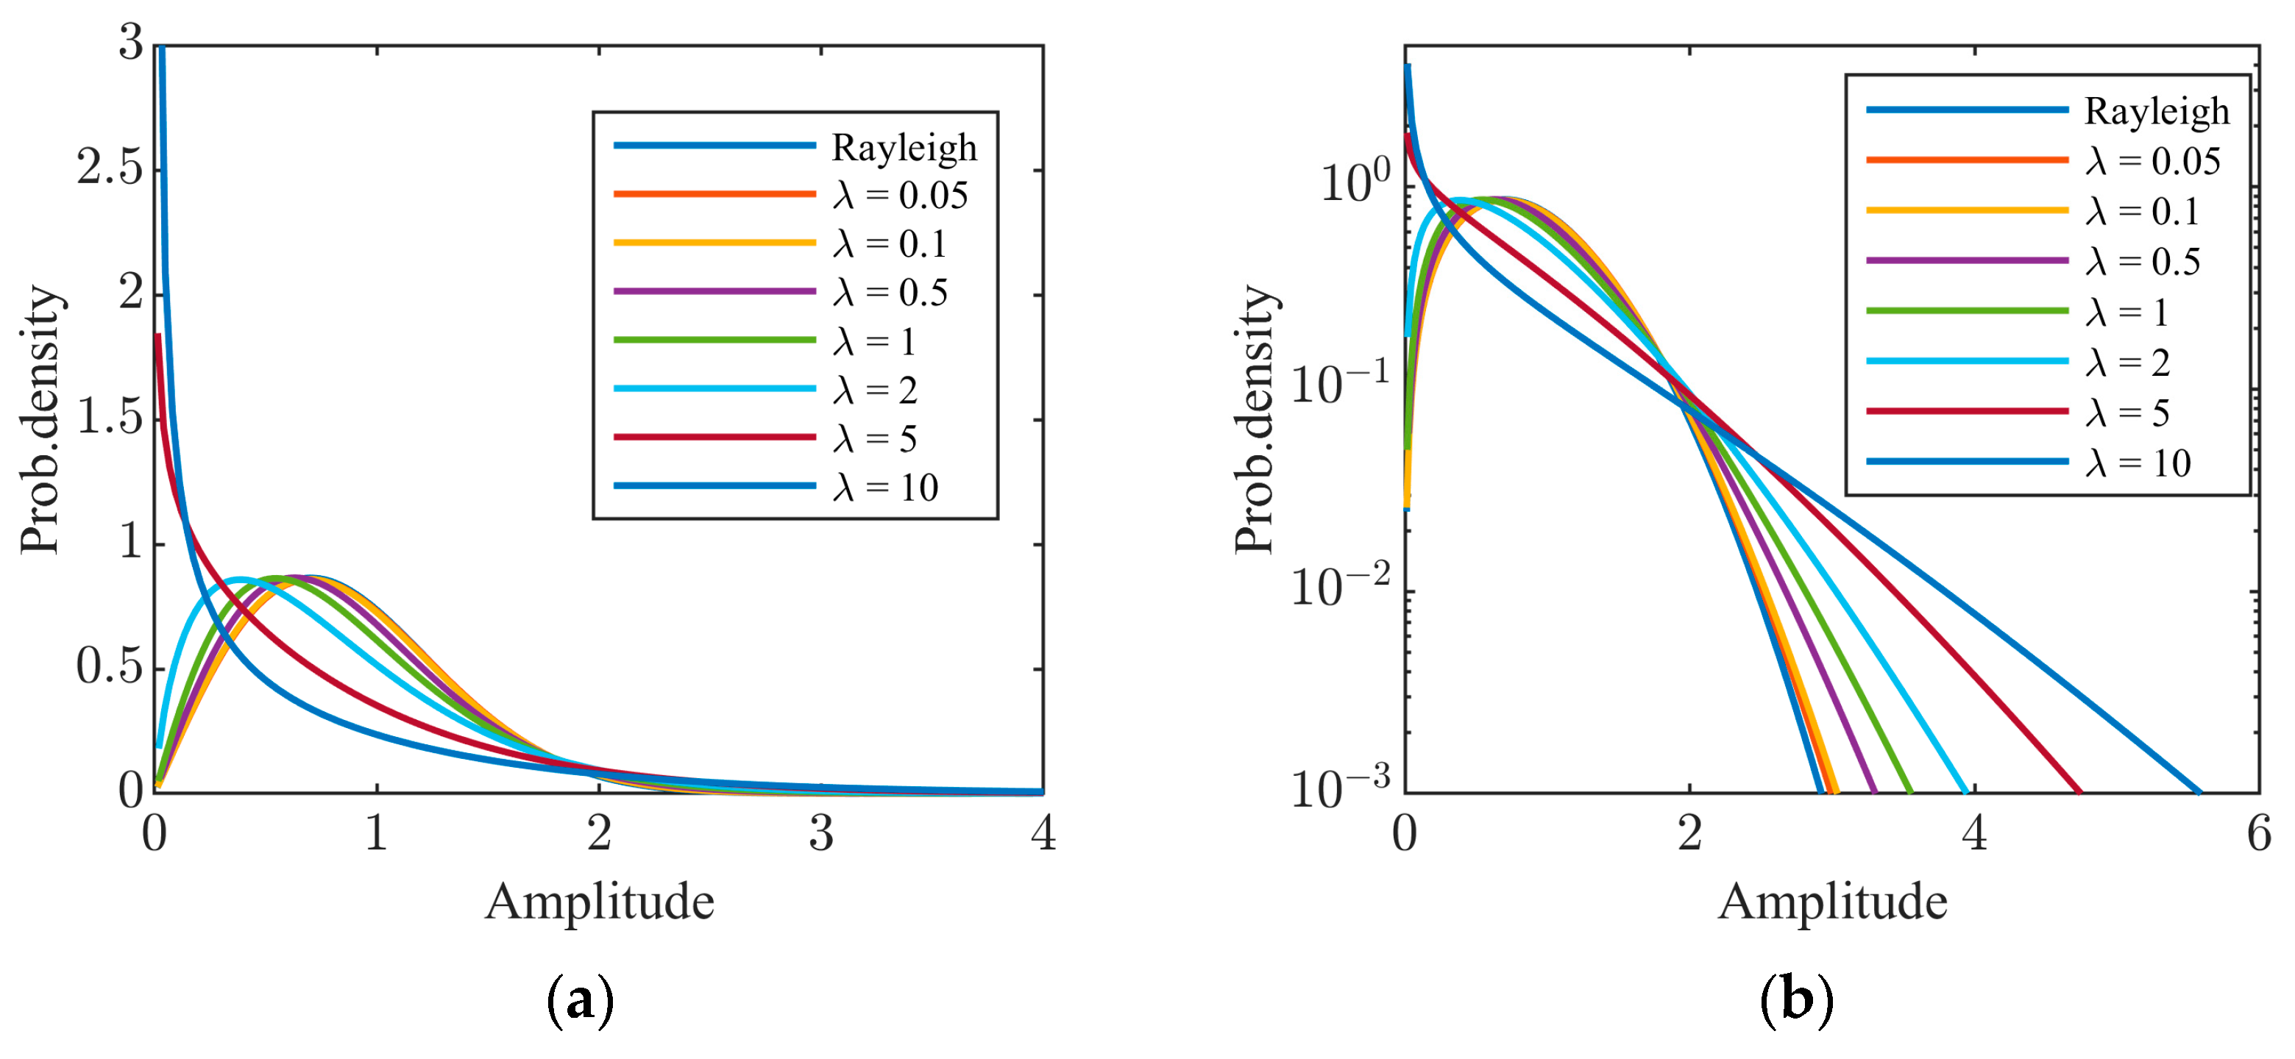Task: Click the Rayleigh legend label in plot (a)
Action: coord(904,147)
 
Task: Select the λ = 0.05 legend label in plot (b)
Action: coord(2152,161)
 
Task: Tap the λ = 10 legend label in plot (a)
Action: coord(886,487)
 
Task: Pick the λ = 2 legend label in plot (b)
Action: coord(2127,363)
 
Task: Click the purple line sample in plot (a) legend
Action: coord(714,291)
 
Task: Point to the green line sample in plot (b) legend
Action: coord(1967,311)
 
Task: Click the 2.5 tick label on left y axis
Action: coord(110,168)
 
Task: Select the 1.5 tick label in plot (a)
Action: coord(110,417)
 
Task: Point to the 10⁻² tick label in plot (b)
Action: coord(1340,586)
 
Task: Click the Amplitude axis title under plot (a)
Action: coord(600,902)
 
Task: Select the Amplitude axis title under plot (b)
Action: coord(1833,902)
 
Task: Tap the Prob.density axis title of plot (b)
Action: coord(1255,418)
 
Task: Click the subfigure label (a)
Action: coord(580,1000)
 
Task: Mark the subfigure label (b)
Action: coord(1796,1000)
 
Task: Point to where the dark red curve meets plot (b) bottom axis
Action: coord(2079,791)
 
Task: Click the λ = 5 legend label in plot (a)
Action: coord(875,438)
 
